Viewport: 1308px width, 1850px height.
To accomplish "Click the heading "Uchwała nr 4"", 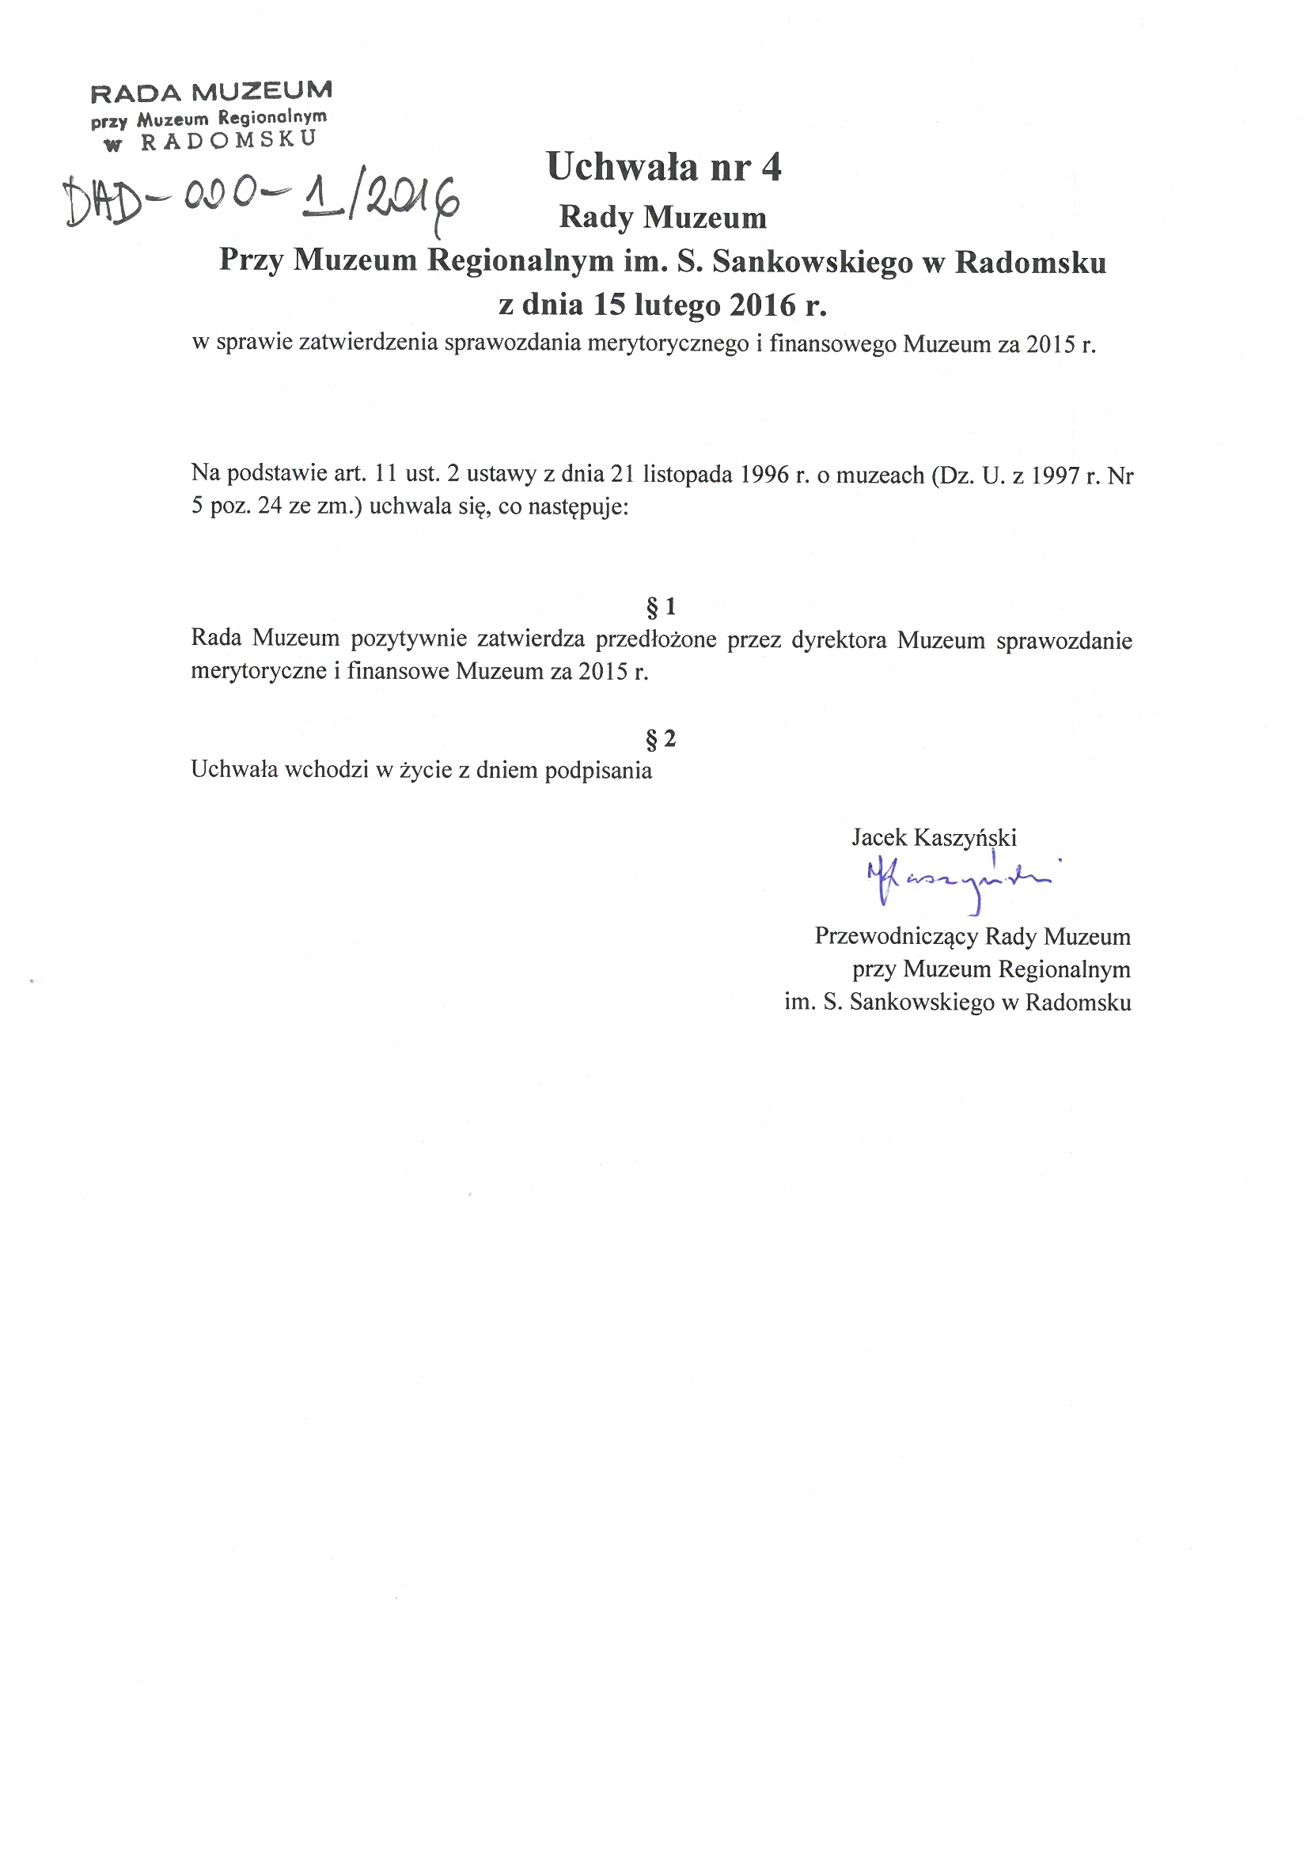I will pos(663,167).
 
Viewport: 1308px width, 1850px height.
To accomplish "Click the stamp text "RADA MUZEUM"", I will pos(211,93).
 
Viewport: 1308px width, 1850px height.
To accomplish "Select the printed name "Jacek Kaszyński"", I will pos(933,837).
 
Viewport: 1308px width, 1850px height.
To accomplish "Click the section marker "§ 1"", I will pos(661,606).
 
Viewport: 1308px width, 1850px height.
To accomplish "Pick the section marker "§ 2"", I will pos(661,738).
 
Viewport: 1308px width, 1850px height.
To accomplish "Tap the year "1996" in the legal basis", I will pos(764,475).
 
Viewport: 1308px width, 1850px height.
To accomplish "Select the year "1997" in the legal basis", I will pos(1055,476).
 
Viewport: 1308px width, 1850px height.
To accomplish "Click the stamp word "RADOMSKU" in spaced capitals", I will pos(229,140).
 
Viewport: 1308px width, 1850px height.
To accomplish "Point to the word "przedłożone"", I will pos(656,640).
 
